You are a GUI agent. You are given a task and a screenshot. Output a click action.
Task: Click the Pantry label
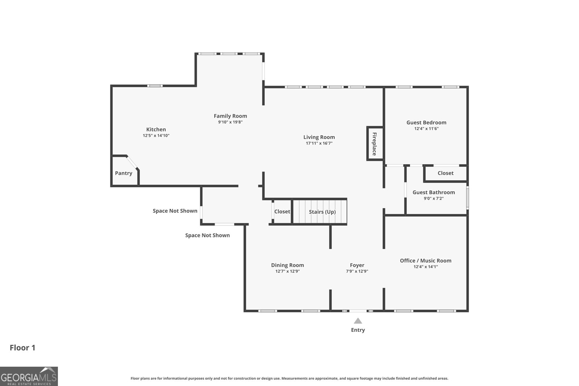coord(123,173)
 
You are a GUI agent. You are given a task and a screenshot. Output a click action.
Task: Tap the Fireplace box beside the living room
coord(375,144)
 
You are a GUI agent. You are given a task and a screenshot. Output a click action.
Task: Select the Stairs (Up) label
coord(322,212)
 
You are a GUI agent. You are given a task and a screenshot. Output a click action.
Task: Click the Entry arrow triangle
coord(358,321)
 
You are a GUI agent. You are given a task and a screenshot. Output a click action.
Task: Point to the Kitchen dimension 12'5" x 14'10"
coord(156,135)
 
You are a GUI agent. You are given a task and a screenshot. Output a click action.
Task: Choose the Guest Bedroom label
coord(426,123)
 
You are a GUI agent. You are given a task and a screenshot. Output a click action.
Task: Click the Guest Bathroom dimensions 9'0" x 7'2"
coord(434,198)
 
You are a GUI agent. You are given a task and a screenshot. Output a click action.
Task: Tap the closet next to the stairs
coord(282,212)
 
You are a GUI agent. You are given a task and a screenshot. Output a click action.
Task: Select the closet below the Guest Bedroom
coord(445,173)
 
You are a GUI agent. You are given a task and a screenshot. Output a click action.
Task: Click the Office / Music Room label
coord(426,261)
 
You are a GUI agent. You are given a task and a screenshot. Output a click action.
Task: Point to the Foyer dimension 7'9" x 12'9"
coord(357,271)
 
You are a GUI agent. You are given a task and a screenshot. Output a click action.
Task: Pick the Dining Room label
coord(287,265)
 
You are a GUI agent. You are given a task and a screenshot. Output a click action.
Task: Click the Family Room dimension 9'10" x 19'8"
coord(230,122)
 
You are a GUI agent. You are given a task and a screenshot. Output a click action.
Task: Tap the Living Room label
coord(319,137)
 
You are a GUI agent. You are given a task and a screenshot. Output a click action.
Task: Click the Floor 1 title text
coord(22,348)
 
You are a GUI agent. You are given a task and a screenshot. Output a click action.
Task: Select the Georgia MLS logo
coord(29,376)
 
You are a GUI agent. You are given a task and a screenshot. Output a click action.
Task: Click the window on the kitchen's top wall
coord(155,86)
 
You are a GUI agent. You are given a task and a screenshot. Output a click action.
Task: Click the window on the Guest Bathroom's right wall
coord(467,198)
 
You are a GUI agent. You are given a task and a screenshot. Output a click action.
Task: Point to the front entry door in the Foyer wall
coord(358,311)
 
